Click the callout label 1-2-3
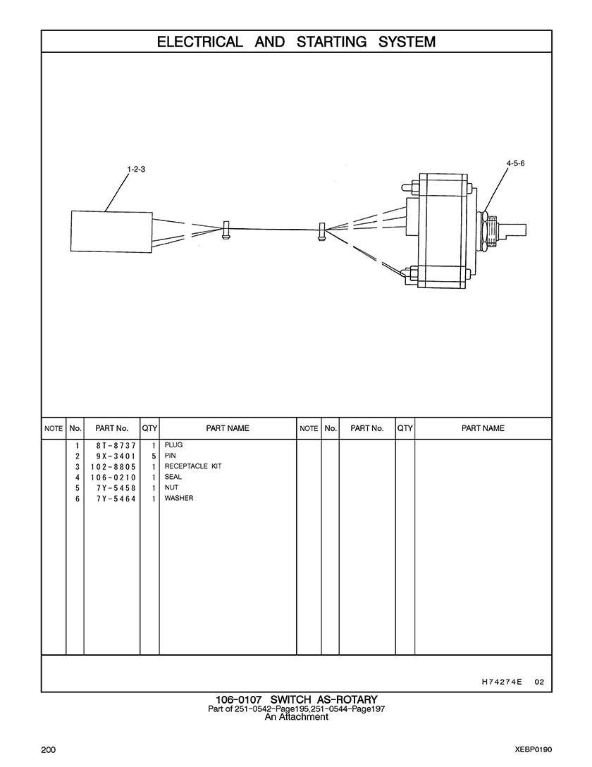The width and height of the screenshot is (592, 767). [x=136, y=169]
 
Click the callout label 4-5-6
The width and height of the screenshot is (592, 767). [x=515, y=163]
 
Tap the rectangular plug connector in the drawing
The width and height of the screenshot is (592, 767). [x=111, y=232]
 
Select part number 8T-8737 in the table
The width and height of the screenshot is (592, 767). [x=116, y=446]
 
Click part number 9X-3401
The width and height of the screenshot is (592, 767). [x=116, y=456]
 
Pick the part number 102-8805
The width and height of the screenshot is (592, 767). [x=113, y=467]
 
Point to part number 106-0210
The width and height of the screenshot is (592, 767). [x=113, y=478]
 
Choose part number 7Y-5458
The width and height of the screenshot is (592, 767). [x=116, y=488]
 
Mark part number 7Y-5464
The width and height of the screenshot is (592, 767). [x=116, y=499]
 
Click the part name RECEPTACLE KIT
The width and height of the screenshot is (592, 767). [x=193, y=466]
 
